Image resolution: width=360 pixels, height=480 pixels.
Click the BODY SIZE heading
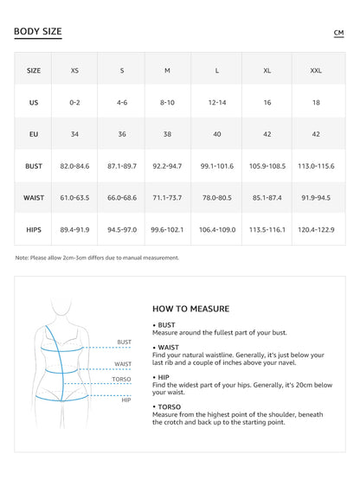tap(38, 32)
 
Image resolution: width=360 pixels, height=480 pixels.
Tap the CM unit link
tap(338, 33)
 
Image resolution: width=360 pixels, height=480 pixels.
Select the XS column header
tap(74, 70)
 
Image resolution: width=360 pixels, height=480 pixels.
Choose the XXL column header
tap(316, 70)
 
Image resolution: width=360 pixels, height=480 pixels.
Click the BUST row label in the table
tap(34, 165)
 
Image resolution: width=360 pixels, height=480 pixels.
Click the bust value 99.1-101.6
tap(216, 165)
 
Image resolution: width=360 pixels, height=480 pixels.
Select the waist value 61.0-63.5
tap(74, 197)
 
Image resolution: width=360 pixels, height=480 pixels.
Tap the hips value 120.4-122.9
tap(316, 229)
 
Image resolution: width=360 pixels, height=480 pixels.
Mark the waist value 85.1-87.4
tap(267, 197)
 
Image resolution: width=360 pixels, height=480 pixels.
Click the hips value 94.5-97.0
tap(121, 229)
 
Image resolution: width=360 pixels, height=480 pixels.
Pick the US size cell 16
tap(267, 102)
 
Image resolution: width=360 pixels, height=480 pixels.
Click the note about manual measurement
tap(97, 257)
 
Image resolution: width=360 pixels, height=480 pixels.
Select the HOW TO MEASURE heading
tap(190, 308)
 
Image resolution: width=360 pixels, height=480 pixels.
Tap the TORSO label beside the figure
tap(122, 379)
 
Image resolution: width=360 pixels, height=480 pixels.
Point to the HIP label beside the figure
tap(126, 400)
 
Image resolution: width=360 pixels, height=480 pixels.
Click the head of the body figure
tap(60, 309)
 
